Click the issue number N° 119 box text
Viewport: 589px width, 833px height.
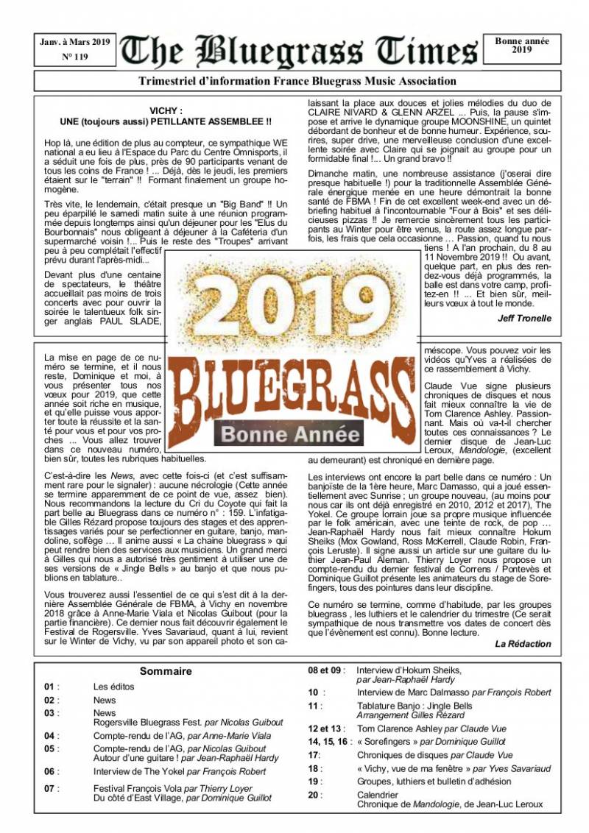point(74,57)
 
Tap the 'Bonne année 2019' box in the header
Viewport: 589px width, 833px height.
point(521,46)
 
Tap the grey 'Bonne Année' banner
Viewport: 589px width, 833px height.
point(292,434)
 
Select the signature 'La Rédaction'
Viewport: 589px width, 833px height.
point(523,644)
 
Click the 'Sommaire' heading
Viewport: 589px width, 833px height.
point(166,671)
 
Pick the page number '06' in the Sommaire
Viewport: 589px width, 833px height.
point(50,771)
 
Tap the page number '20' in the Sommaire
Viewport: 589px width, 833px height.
point(314,795)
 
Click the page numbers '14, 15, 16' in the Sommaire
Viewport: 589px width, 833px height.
point(329,742)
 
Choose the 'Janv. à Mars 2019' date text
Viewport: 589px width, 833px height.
point(74,42)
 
